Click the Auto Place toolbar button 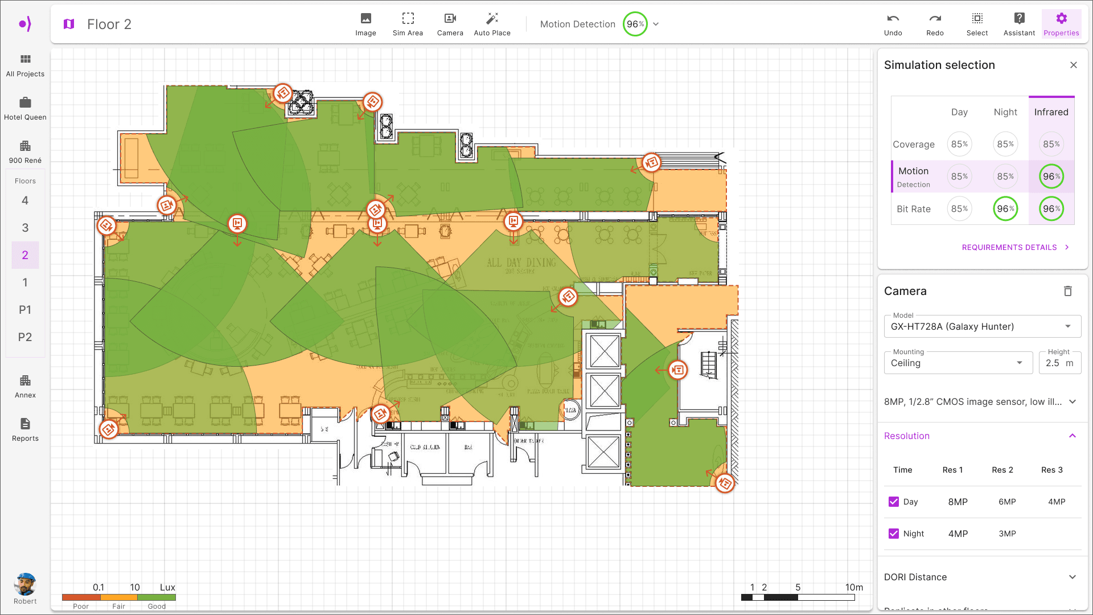coord(492,24)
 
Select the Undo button coord(893,24)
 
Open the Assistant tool coord(1019,24)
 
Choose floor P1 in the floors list coord(25,310)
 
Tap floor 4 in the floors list coord(25,200)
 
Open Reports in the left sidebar coord(25,429)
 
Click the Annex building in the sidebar coord(25,386)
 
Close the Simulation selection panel coord(1074,65)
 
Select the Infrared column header coord(1051,112)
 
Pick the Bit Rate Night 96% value coord(1005,209)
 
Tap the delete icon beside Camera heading coord(1068,291)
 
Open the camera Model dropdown coord(982,326)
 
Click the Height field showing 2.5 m coord(1059,363)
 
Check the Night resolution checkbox coord(894,534)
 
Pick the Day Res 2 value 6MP coord(1007,502)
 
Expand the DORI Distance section coord(1073,577)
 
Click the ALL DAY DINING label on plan coord(521,263)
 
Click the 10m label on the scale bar coord(854,587)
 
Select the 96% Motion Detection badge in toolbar coord(635,24)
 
